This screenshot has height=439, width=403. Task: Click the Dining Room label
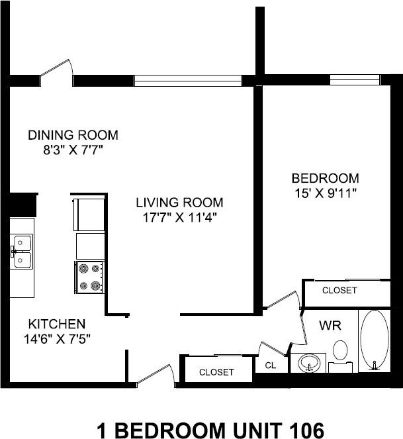(x=73, y=135)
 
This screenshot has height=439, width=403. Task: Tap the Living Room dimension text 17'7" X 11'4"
(x=180, y=217)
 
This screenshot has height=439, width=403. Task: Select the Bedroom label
(x=325, y=178)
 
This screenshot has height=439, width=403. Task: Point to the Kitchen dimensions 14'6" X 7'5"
(x=57, y=339)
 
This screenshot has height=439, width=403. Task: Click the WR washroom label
(x=330, y=326)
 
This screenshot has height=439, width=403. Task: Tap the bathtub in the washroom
(x=375, y=340)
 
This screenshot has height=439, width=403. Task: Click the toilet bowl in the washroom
(x=340, y=350)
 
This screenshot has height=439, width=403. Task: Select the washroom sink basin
(x=309, y=363)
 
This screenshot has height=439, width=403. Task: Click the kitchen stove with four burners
(x=89, y=277)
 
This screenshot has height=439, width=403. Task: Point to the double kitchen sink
(x=22, y=252)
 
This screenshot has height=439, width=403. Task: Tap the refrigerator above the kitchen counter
(x=89, y=215)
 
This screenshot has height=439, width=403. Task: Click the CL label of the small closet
(x=271, y=366)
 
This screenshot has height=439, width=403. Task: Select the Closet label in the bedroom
(x=339, y=290)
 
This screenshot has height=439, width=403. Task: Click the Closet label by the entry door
(x=216, y=372)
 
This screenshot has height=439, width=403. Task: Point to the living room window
(x=188, y=81)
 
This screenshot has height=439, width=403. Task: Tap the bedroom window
(x=355, y=79)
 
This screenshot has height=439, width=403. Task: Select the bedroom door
(x=281, y=300)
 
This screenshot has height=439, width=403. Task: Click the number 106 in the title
(x=306, y=430)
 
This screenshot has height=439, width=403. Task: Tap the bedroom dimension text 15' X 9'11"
(x=326, y=193)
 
